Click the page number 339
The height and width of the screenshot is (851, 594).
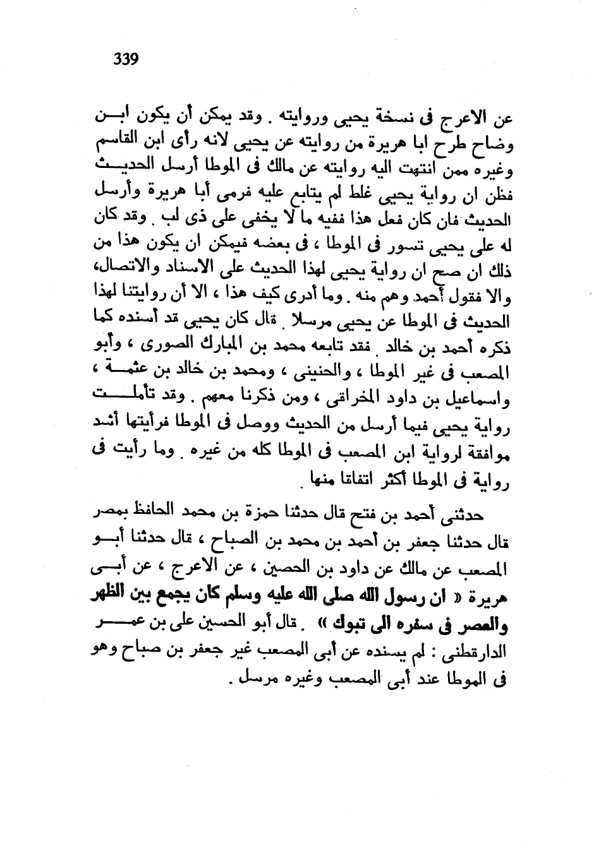125,60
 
